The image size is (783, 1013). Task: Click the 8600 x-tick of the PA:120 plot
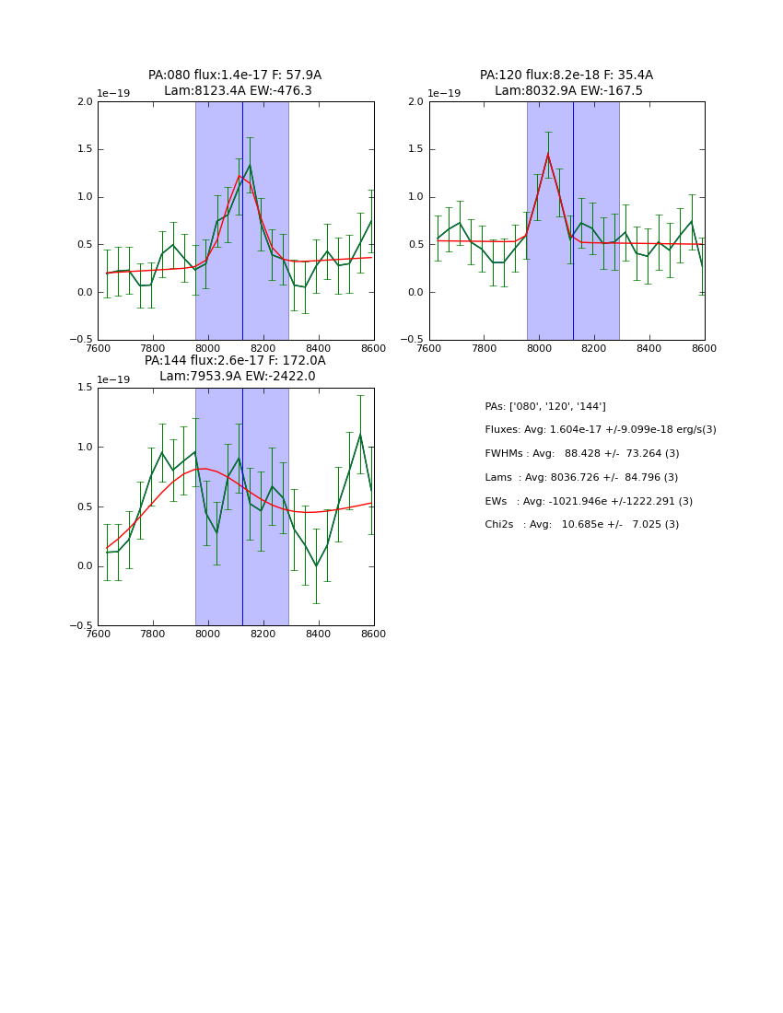(x=705, y=348)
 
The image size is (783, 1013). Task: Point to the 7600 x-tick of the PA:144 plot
(x=98, y=634)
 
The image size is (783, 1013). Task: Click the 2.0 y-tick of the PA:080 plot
(x=85, y=101)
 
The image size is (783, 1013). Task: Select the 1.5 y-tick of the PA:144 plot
(x=85, y=388)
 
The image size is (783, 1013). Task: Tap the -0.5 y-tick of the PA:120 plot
(x=415, y=340)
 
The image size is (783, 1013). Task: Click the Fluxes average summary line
(x=600, y=430)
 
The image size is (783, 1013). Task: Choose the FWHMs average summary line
(x=581, y=454)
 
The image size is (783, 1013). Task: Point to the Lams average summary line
(x=581, y=478)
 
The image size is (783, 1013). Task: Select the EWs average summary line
(x=589, y=502)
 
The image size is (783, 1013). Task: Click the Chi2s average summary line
(x=581, y=525)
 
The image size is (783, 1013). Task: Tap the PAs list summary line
(x=545, y=407)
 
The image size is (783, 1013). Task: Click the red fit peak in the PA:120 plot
(x=548, y=154)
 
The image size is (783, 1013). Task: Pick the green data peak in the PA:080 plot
(x=250, y=166)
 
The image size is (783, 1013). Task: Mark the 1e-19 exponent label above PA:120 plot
(x=444, y=94)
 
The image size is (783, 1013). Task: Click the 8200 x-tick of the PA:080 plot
(x=263, y=348)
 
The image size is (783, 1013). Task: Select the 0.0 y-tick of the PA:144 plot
(x=85, y=566)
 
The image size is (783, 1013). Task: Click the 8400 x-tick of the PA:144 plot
(x=319, y=634)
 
